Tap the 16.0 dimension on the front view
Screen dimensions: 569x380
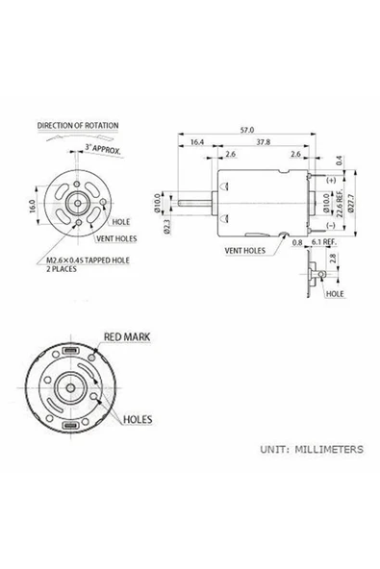(32, 206)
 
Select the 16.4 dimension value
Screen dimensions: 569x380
(197, 142)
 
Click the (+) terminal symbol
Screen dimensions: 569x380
(330, 181)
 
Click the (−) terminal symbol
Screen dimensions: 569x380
(330, 225)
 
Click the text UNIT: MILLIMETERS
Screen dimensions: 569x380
(311, 449)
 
